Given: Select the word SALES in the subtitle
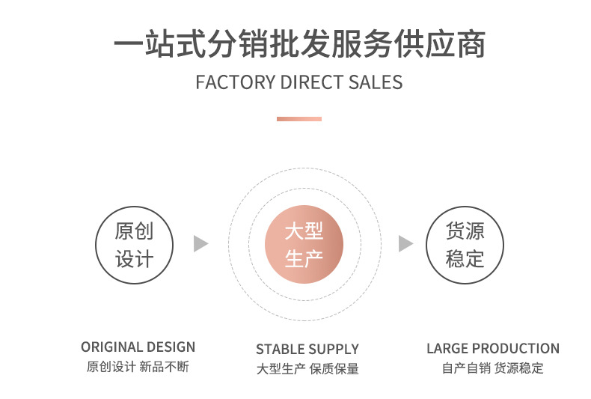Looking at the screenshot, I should [x=376, y=82].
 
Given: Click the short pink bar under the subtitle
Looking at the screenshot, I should [x=298, y=118].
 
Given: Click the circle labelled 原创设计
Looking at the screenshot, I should [x=135, y=245].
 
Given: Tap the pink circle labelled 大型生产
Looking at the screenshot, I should [x=304, y=245].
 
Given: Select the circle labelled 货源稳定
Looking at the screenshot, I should [x=465, y=245].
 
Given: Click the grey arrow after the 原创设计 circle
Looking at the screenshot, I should [x=200, y=243].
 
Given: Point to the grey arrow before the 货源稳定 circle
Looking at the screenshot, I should [x=405, y=243].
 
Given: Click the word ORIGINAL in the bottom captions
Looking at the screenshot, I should [x=111, y=347].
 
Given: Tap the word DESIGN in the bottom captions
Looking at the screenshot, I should [x=171, y=347].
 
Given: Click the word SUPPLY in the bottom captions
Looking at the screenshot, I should [x=334, y=350].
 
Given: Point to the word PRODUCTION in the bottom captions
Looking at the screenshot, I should [x=515, y=349].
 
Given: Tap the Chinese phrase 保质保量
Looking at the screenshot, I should [x=334, y=368].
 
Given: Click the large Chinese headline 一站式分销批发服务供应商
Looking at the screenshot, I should [x=299, y=44].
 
